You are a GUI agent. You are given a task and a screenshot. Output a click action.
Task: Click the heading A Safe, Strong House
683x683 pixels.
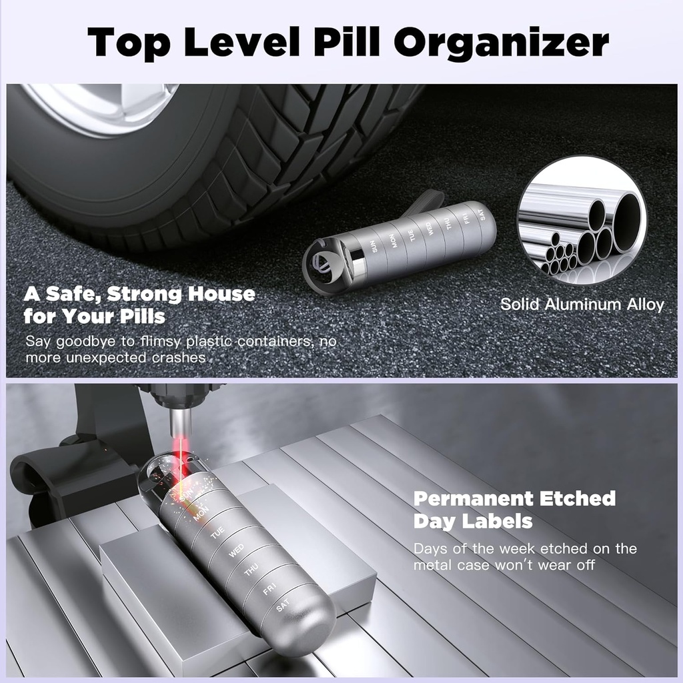(139, 294)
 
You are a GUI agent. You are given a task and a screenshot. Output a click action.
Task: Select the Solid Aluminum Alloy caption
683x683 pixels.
(582, 305)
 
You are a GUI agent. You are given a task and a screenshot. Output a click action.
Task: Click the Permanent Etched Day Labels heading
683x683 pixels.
(514, 509)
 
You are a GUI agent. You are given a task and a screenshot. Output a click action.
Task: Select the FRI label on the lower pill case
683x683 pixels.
(269, 590)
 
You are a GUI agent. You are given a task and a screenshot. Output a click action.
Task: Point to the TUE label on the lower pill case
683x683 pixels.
(217, 534)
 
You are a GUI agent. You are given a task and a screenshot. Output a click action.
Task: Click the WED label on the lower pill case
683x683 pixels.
(235, 552)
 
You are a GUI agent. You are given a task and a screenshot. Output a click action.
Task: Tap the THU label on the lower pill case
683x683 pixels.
(251, 571)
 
